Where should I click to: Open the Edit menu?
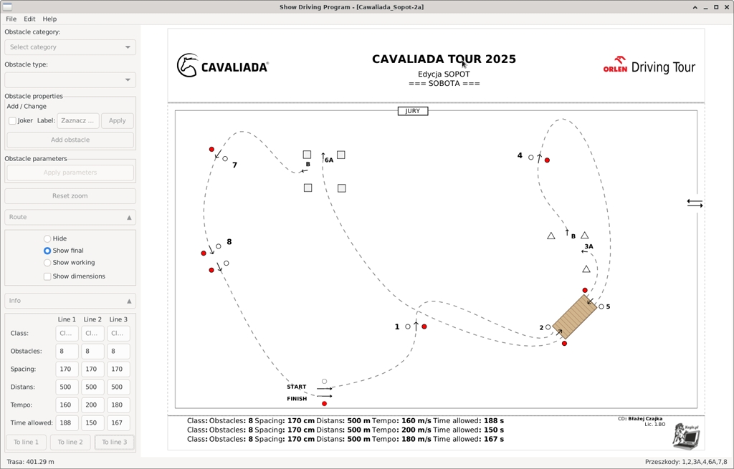pyautogui.click(x=29, y=19)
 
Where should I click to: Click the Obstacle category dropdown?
pyautogui.click(x=70, y=47)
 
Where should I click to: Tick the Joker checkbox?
pyautogui.click(x=12, y=121)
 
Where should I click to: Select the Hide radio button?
pyautogui.click(x=47, y=239)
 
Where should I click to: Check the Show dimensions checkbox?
pyautogui.click(x=47, y=276)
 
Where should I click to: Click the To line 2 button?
pyautogui.click(x=70, y=442)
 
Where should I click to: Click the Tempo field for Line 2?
pyautogui.click(x=92, y=405)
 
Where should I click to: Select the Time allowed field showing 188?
pyautogui.click(x=67, y=423)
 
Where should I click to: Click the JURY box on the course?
pyautogui.click(x=413, y=111)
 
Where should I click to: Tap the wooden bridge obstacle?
pyautogui.click(x=575, y=316)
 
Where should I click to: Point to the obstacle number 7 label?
pyautogui.click(x=234, y=165)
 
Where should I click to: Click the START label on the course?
pyautogui.click(x=297, y=387)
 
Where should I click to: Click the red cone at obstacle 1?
pyautogui.click(x=424, y=327)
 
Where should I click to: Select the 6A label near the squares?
pyautogui.click(x=329, y=160)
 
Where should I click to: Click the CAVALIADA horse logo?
pyautogui.click(x=187, y=66)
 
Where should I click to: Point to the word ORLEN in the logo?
pyautogui.click(x=615, y=69)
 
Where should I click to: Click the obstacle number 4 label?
pyautogui.click(x=520, y=155)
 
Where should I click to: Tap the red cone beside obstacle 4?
pyautogui.click(x=547, y=160)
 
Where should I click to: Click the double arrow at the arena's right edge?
pyautogui.click(x=695, y=204)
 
